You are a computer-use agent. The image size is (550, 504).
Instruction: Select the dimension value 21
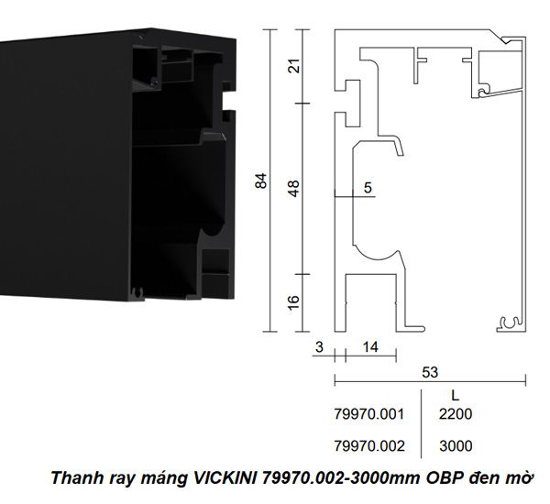(x=294, y=66)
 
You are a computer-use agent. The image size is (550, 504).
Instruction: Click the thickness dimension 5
(x=368, y=189)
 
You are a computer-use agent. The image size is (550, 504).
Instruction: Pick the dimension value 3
(x=318, y=347)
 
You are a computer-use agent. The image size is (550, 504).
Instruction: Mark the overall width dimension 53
(x=430, y=372)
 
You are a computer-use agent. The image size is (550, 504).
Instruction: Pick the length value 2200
(x=456, y=415)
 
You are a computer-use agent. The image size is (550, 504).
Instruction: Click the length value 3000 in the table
(x=456, y=446)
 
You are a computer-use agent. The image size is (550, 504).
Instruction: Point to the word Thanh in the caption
(x=72, y=478)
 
